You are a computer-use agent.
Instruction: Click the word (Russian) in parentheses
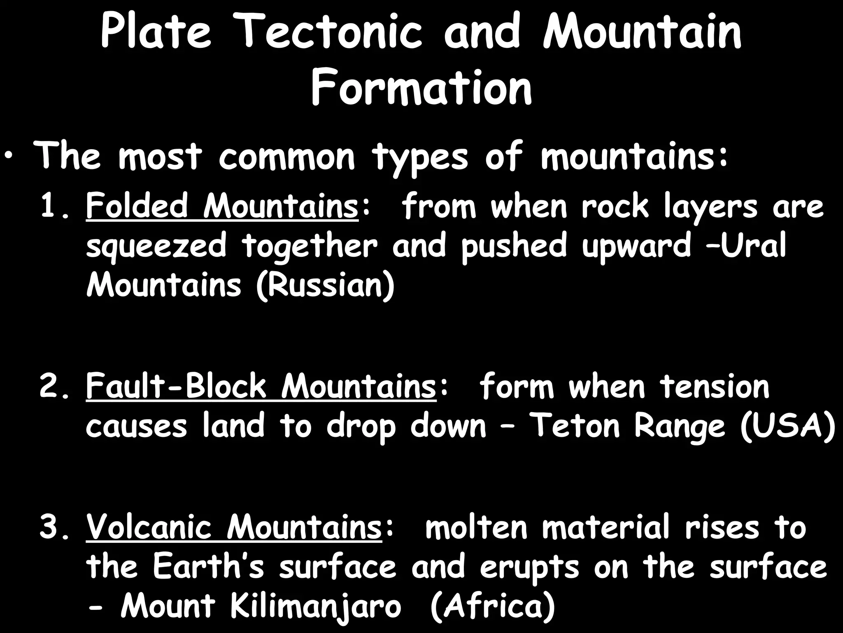click(x=325, y=286)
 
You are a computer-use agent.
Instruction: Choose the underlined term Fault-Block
click(x=176, y=387)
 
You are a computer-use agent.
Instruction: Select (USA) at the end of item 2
click(x=787, y=426)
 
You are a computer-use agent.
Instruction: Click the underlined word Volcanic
click(x=149, y=527)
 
